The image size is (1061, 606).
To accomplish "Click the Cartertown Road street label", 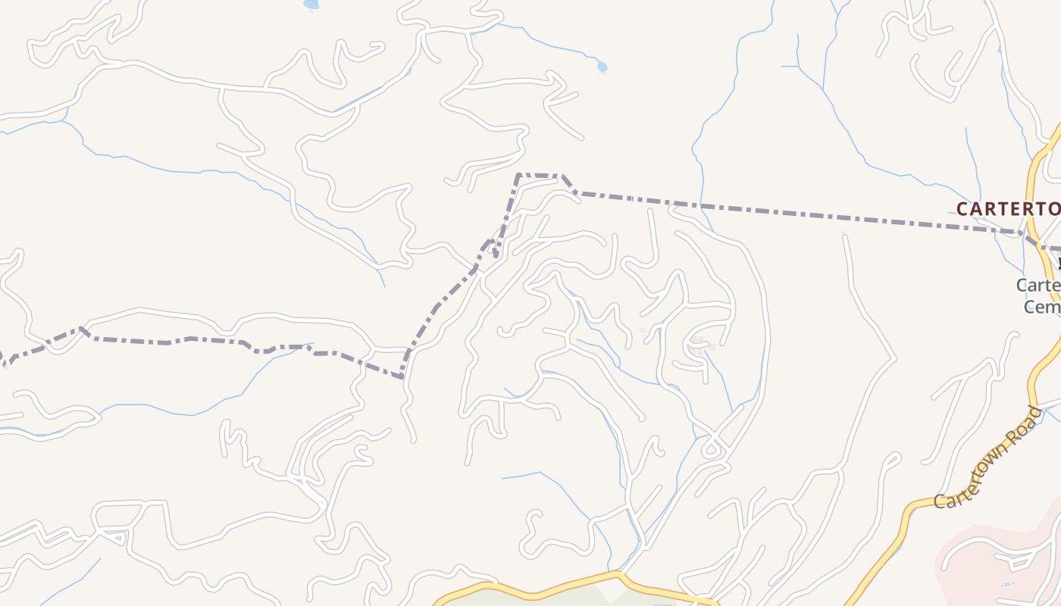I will tap(990, 458).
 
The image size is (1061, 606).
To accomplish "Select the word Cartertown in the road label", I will tap(974, 473).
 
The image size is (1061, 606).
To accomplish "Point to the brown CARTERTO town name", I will tap(1008, 208).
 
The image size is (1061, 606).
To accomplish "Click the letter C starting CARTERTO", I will tap(962, 208).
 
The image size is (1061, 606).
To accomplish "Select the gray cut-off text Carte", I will tap(1038, 286).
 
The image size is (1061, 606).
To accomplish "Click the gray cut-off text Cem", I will tap(1042, 307).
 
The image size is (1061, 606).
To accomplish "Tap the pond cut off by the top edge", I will tap(311, 5).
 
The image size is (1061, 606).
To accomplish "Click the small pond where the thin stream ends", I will tap(602, 67).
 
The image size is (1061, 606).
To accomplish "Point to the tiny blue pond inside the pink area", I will tap(1007, 584).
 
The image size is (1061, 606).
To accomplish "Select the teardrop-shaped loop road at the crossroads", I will tap(712, 449).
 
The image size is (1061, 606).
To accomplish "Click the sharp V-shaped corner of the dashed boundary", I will tap(402, 376).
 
